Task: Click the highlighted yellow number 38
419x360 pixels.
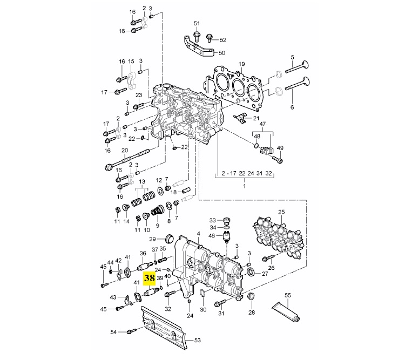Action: click(x=149, y=279)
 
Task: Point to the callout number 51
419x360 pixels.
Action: click(x=197, y=24)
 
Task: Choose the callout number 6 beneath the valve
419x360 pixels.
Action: click(x=292, y=107)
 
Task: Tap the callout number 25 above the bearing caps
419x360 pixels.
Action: click(x=281, y=212)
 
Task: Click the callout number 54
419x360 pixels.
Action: click(x=114, y=331)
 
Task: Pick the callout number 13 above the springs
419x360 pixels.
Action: click(x=143, y=181)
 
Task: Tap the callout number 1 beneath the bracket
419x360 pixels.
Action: click(x=244, y=186)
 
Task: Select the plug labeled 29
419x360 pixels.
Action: click(x=169, y=238)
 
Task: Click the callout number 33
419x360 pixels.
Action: click(x=212, y=220)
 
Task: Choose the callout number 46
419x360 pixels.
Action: click(x=212, y=236)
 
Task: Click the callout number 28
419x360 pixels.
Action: click(x=251, y=313)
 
